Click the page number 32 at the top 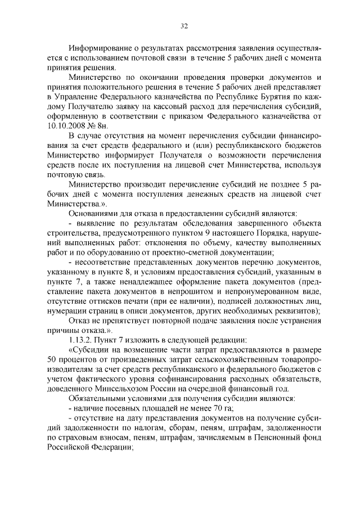184,25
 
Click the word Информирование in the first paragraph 98,49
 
